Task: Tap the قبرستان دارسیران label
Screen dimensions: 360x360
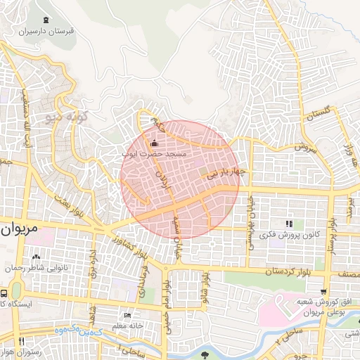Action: pyautogui.click(x=46, y=32)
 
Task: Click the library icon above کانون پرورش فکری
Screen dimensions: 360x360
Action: pyautogui.click(x=288, y=224)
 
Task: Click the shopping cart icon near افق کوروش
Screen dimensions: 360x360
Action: pyautogui.click(x=323, y=291)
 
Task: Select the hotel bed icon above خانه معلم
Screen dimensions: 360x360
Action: pyautogui.click(x=127, y=315)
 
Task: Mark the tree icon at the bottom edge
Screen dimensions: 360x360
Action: pyautogui.click(x=205, y=354)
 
